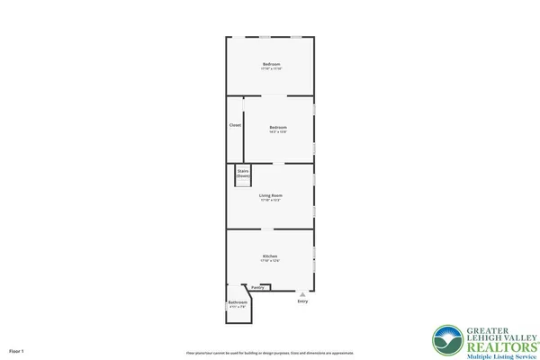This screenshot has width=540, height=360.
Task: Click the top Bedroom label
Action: [271, 64]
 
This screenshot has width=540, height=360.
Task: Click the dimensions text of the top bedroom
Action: [271, 69]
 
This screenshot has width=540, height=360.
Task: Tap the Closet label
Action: [235, 125]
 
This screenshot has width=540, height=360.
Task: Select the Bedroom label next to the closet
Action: [278, 128]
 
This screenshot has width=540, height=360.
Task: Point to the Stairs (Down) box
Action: [243, 174]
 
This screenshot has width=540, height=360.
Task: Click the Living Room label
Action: [271, 195]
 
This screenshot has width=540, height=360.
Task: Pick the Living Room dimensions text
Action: [271, 201]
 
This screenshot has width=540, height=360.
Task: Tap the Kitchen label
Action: [270, 256]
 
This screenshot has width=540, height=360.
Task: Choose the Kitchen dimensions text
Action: [270, 262]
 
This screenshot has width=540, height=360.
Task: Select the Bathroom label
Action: [238, 302]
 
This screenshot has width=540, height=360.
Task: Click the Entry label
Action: [302, 301]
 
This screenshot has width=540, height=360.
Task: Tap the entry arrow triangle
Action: [302, 294]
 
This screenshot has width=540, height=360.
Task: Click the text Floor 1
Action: [16, 350]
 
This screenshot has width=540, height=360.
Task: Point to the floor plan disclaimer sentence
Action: [270, 353]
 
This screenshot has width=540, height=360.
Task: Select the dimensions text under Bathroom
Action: [238, 308]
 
